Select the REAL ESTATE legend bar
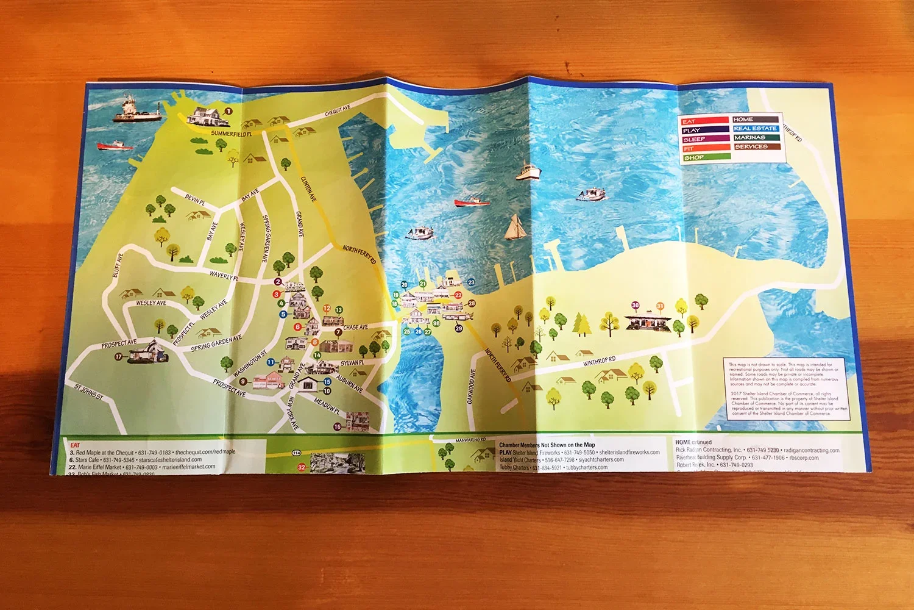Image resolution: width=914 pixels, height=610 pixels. pyautogui.click(x=756, y=128)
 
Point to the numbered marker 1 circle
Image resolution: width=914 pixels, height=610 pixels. pyautogui.click(x=229, y=111)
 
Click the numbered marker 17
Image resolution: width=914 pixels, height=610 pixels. pyautogui.click(x=119, y=356)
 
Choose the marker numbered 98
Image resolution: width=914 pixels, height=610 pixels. pyautogui.click(x=436, y=323)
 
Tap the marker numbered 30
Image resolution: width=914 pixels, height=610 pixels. pyautogui.click(x=636, y=305)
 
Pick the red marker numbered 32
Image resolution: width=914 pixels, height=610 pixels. pyautogui.click(x=301, y=467)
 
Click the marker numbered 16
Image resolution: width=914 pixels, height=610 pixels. pyautogui.click(x=338, y=427)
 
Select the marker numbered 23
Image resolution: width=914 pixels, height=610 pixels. pyautogui.click(x=471, y=282)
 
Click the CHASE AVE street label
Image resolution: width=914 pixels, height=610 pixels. pyautogui.click(x=355, y=328)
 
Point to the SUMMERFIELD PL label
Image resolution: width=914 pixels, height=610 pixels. pyautogui.click(x=231, y=133)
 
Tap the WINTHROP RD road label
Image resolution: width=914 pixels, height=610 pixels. pyautogui.click(x=599, y=361)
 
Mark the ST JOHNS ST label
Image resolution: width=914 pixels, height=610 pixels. pyautogui.click(x=89, y=392)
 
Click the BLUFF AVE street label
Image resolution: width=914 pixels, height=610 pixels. pyautogui.click(x=118, y=265)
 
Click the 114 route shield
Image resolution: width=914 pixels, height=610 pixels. pyautogui.click(x=296, y=453)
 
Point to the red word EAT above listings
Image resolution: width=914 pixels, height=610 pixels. pyautogui.click(x=75, y=445)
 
